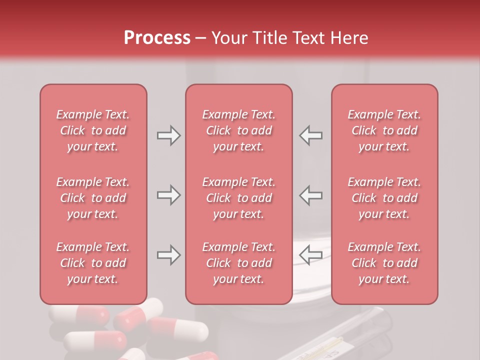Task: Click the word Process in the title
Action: [x=157, y=38]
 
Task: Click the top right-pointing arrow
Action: [x=168, y=135]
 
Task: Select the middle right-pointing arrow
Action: [x=168, y=195]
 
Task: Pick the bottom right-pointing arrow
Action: [x=168, y=255]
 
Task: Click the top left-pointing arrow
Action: [x=311, y=135]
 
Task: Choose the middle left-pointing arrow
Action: [x=311, y=195]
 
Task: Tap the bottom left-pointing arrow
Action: [x=311, y=255]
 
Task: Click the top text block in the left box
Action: [x=93, y=130]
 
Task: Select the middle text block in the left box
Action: [x=93, y=198]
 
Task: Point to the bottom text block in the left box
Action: [x=93, y=263]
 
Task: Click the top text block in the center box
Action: [x=238, y=130]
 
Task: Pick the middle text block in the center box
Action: [x=238, y=198]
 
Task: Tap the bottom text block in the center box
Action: [x=238, y=263]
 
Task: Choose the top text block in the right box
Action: [x=384, y=130]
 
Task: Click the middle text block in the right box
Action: [x=384, y=198]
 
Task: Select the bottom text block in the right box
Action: [x=384, y=263]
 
